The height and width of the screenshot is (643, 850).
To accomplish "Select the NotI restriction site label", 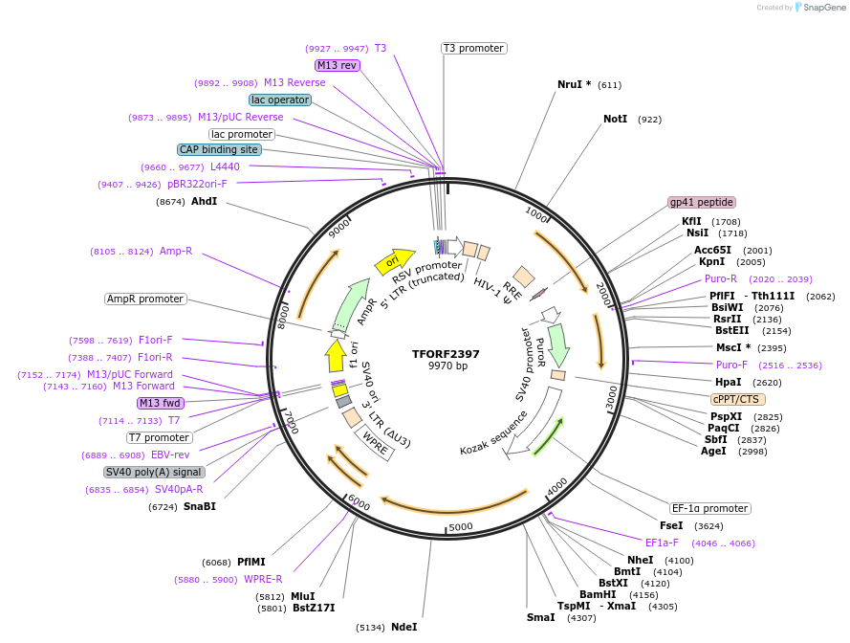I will coord(615,120).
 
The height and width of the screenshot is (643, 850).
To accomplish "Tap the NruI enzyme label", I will coord(574,84).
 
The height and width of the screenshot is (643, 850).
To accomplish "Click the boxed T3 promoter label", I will coord(473,48).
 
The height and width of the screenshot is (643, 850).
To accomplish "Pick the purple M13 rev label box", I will coord(337,65).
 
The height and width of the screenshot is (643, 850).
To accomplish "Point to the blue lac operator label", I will coord(279,100).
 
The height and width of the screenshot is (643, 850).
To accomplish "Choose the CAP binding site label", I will coord(219,149).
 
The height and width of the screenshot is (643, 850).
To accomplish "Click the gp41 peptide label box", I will coord(702,202).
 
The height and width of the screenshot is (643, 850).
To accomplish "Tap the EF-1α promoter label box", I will coord(709,508).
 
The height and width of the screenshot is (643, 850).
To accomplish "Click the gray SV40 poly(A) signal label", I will coord(154,472).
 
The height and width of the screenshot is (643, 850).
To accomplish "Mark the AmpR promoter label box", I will coord(145,299).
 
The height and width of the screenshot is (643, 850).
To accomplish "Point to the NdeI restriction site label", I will coord(404,627).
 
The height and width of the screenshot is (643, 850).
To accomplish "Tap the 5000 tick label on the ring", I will coord(461,526).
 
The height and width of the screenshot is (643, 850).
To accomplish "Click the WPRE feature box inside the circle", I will coord(374,441).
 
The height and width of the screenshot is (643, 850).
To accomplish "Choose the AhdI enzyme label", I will coord(204,202).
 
